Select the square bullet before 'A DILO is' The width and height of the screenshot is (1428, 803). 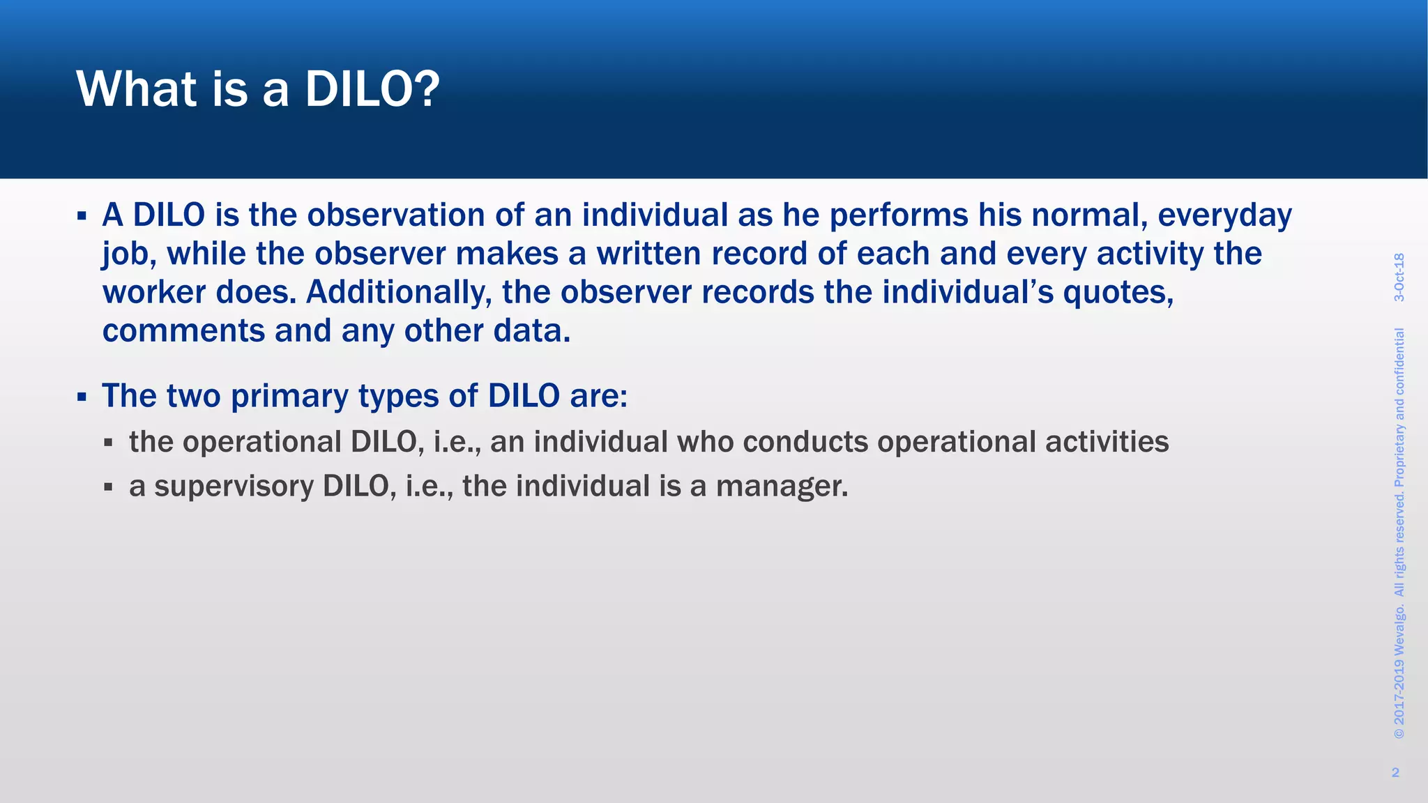coord(82,216)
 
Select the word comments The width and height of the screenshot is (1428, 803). coord(183,330)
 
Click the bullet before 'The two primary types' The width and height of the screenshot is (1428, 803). coord(82,397)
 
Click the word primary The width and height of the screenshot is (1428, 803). coord(289,397)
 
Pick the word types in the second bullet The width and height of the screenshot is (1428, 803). coord(398,397)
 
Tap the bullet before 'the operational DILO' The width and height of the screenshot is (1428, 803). coord(108,442)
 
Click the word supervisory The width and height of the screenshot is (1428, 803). coord(234,486)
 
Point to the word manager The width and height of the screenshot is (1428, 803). coord(782,486)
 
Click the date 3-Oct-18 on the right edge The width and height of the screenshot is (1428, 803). coord(1399,277)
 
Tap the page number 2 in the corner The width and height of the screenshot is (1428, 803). coord(1395,772)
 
